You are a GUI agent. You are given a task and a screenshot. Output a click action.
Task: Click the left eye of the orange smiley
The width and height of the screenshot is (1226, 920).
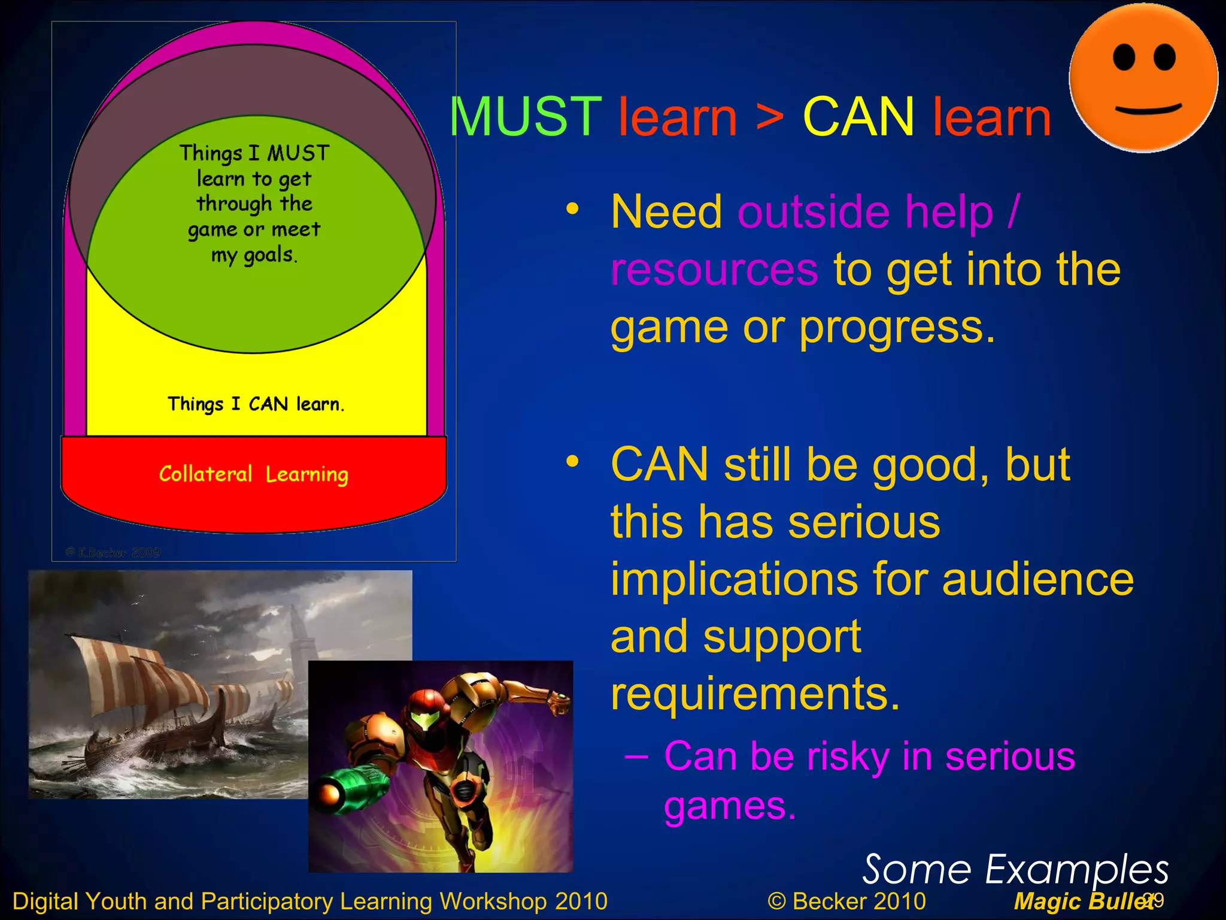[x=1124, y=59]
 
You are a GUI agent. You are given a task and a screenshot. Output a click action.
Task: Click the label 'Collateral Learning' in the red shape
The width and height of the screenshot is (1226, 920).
[x=253, y=474]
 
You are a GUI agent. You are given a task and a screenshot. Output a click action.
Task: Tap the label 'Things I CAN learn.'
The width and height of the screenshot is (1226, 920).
[x=256, y=404]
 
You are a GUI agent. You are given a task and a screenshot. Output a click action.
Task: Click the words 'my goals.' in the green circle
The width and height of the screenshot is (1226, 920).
[x=254, y=255]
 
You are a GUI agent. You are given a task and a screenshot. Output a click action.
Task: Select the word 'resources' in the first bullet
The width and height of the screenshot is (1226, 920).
[x=714, y=270]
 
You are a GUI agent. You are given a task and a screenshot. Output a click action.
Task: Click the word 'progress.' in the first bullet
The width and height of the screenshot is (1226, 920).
[x=897, y=328]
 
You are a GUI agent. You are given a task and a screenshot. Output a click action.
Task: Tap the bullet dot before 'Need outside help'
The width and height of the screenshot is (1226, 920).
[x=573, y=209]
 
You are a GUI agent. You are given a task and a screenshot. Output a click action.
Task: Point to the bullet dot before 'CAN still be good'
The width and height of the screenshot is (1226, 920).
[x=573, y=461]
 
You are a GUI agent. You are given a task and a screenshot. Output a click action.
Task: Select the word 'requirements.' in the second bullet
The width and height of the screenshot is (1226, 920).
[x=755, y=694]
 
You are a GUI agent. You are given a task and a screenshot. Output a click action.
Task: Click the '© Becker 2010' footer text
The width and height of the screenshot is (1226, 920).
[x=846, y=901]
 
